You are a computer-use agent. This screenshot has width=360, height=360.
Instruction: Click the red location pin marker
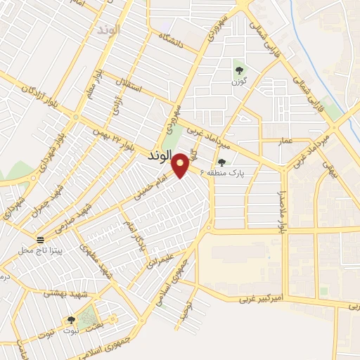click(181, 165)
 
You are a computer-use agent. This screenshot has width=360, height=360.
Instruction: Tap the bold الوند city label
click(161, 155)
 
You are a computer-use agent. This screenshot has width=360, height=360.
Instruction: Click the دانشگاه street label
click(171, 41)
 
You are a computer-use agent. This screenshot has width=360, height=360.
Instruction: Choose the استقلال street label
click(131, 90)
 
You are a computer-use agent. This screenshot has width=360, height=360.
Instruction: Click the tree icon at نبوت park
click(70, 321)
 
